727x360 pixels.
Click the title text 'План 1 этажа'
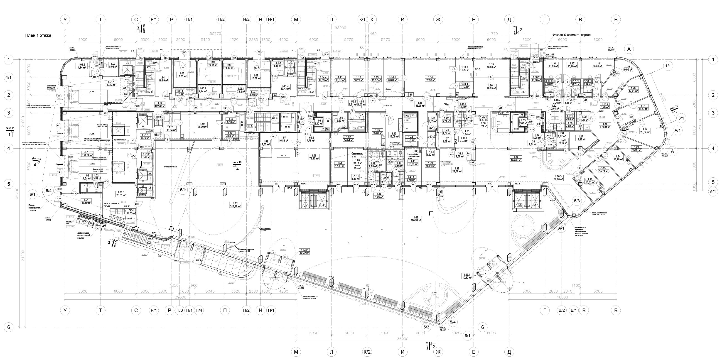(38, 36)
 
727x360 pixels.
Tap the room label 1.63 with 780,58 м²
(415, 219)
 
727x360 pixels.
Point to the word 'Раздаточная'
(170, 167)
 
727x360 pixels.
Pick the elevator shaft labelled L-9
(128, 63)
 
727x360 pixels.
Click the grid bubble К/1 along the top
(362, 20)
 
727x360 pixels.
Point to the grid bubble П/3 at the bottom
(179, 310)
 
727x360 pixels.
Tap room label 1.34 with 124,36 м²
(516, 159)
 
